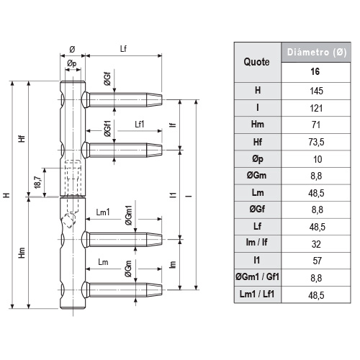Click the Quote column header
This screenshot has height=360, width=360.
tap(258, 62)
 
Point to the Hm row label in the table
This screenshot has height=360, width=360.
tap(258, 125)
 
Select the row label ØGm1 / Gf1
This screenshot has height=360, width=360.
tap(258, 278)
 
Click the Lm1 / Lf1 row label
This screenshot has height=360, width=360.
tap(258, 294)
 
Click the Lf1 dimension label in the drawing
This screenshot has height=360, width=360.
tap(140, 123)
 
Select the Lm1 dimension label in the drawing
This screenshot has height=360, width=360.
tap(103, 212)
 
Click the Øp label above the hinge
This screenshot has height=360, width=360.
tap(71, 63)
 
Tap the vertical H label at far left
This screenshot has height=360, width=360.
tap(6, 195)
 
